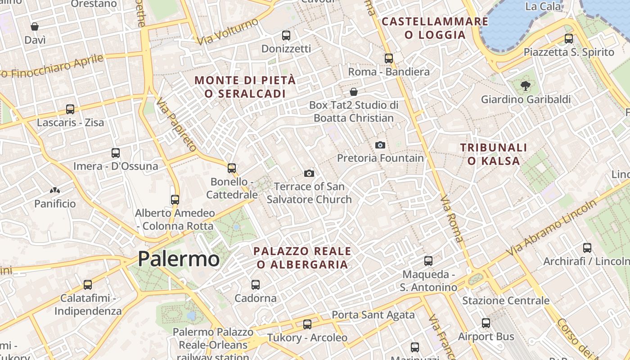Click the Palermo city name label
(x=179, y=259)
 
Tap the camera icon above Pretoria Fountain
(x=380, y=145)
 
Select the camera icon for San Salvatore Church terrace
(x=309, y=173)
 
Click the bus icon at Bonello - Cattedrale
(x=232, y=168)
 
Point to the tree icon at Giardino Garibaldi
(x=525, y=85)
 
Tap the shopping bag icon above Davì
(x=35, y=27)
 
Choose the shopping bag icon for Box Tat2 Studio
(x=354, y=92)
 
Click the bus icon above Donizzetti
(x=286, y=35)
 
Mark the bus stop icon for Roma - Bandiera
(x=389, y=58)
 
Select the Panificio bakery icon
(x=55, y=191)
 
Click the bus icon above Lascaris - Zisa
(x=70, y=109)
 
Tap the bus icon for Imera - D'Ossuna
(x=116, y=153)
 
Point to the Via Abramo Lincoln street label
(x=553, y=228)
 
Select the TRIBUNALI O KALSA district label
(x=494, y=154)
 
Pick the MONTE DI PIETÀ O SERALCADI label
(x=245, y=87)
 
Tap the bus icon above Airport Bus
(x=486, y=323)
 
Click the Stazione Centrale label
(x=506, y=301)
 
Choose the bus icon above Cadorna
(x=256, y=284)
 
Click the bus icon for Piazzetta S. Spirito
(x=569, y=39)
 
